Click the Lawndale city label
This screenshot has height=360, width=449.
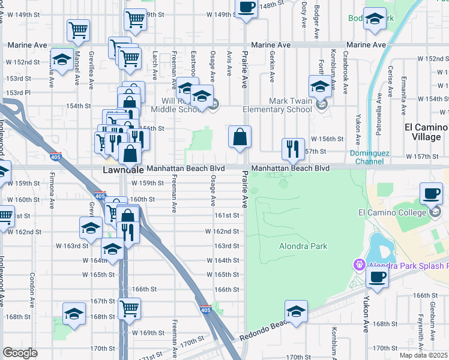tap(113, 170)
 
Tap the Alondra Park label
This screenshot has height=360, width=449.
tap(303, 246)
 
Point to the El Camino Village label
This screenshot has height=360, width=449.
tap(426, 132)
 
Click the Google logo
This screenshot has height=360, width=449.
tap(20, 353)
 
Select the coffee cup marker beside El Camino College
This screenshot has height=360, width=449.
tap(432, 194)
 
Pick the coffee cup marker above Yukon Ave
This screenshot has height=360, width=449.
tap(377, 277)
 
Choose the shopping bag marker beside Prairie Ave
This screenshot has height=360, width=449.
tap(240, 137)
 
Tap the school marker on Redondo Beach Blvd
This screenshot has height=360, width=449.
tap(295, 311)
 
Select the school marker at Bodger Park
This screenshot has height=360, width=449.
tap(375, 19)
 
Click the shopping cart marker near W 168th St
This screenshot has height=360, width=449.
tap(129, 309)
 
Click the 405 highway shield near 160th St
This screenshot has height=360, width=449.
tap(100, 196)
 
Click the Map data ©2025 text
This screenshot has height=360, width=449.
tap(424, 355)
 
